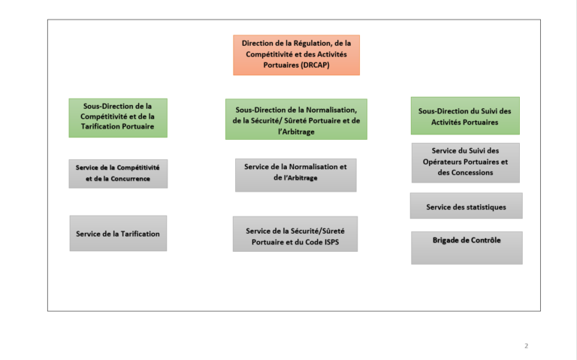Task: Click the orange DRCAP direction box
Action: coord(296,55)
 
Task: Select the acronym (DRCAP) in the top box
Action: coord(315,65)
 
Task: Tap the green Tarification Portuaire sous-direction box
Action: coord(118,118)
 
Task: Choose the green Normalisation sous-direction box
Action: coord(296,119)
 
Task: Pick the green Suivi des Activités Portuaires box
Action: coord(465,116)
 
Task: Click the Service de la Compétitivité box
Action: coord(118,174)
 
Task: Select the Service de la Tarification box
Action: coord(118,234)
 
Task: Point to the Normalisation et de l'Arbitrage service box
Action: coord(296,175)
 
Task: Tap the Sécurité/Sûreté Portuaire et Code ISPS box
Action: coord(295,234)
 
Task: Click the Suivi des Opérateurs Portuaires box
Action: coord(466,163)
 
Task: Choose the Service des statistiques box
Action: coord(467,206)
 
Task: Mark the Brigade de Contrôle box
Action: coord(467,248)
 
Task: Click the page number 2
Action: coord(526,346)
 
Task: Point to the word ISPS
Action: coord(331,242)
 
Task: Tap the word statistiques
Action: coord(486,207)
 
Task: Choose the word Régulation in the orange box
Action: coord(313,44)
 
